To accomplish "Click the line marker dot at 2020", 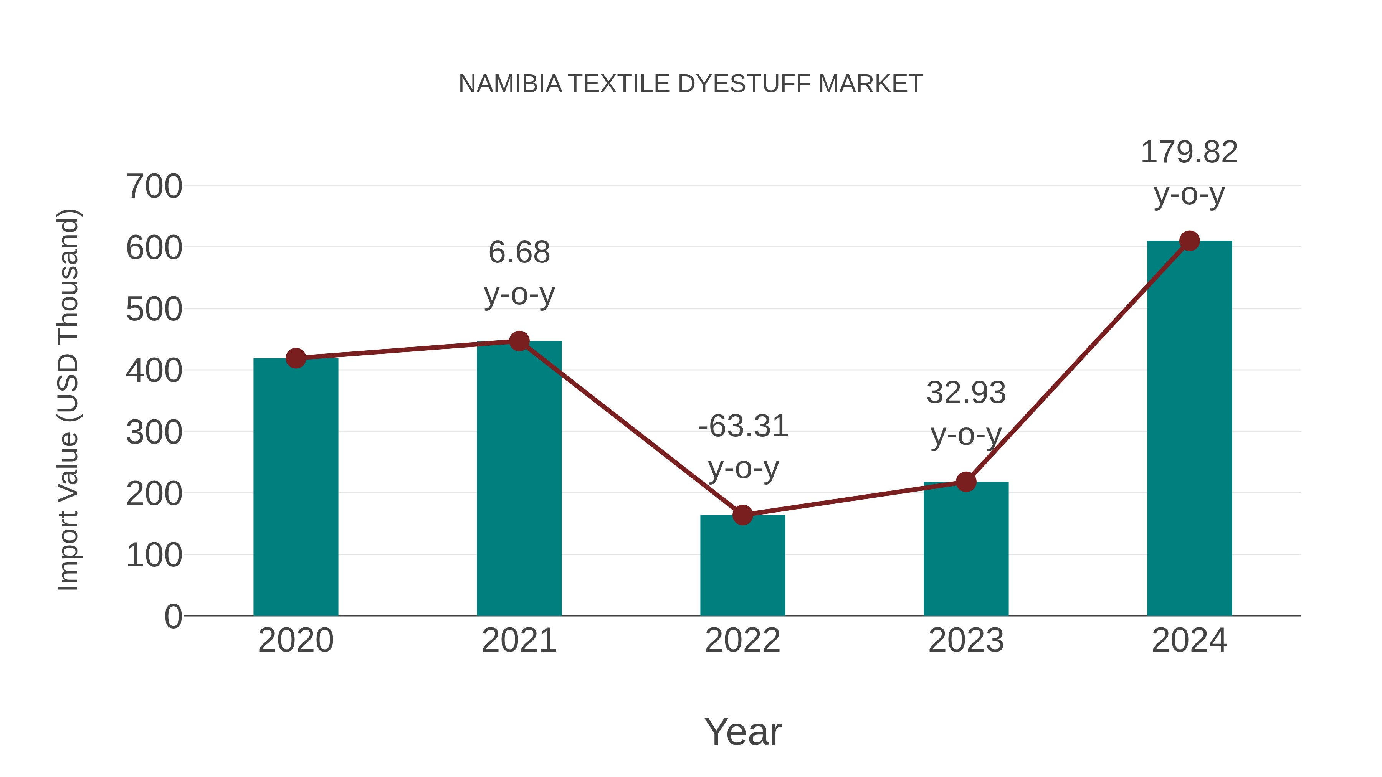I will pos(296,358).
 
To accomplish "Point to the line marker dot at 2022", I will pos(742,515).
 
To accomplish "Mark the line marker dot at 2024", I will pos(1189,241).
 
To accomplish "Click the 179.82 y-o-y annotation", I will pos(1189,173).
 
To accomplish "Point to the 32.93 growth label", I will pos(966,413).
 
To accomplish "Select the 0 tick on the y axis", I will pos(173,616).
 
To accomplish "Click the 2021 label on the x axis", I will pos(519,640).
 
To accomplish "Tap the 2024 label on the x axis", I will pos(1189,640).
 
